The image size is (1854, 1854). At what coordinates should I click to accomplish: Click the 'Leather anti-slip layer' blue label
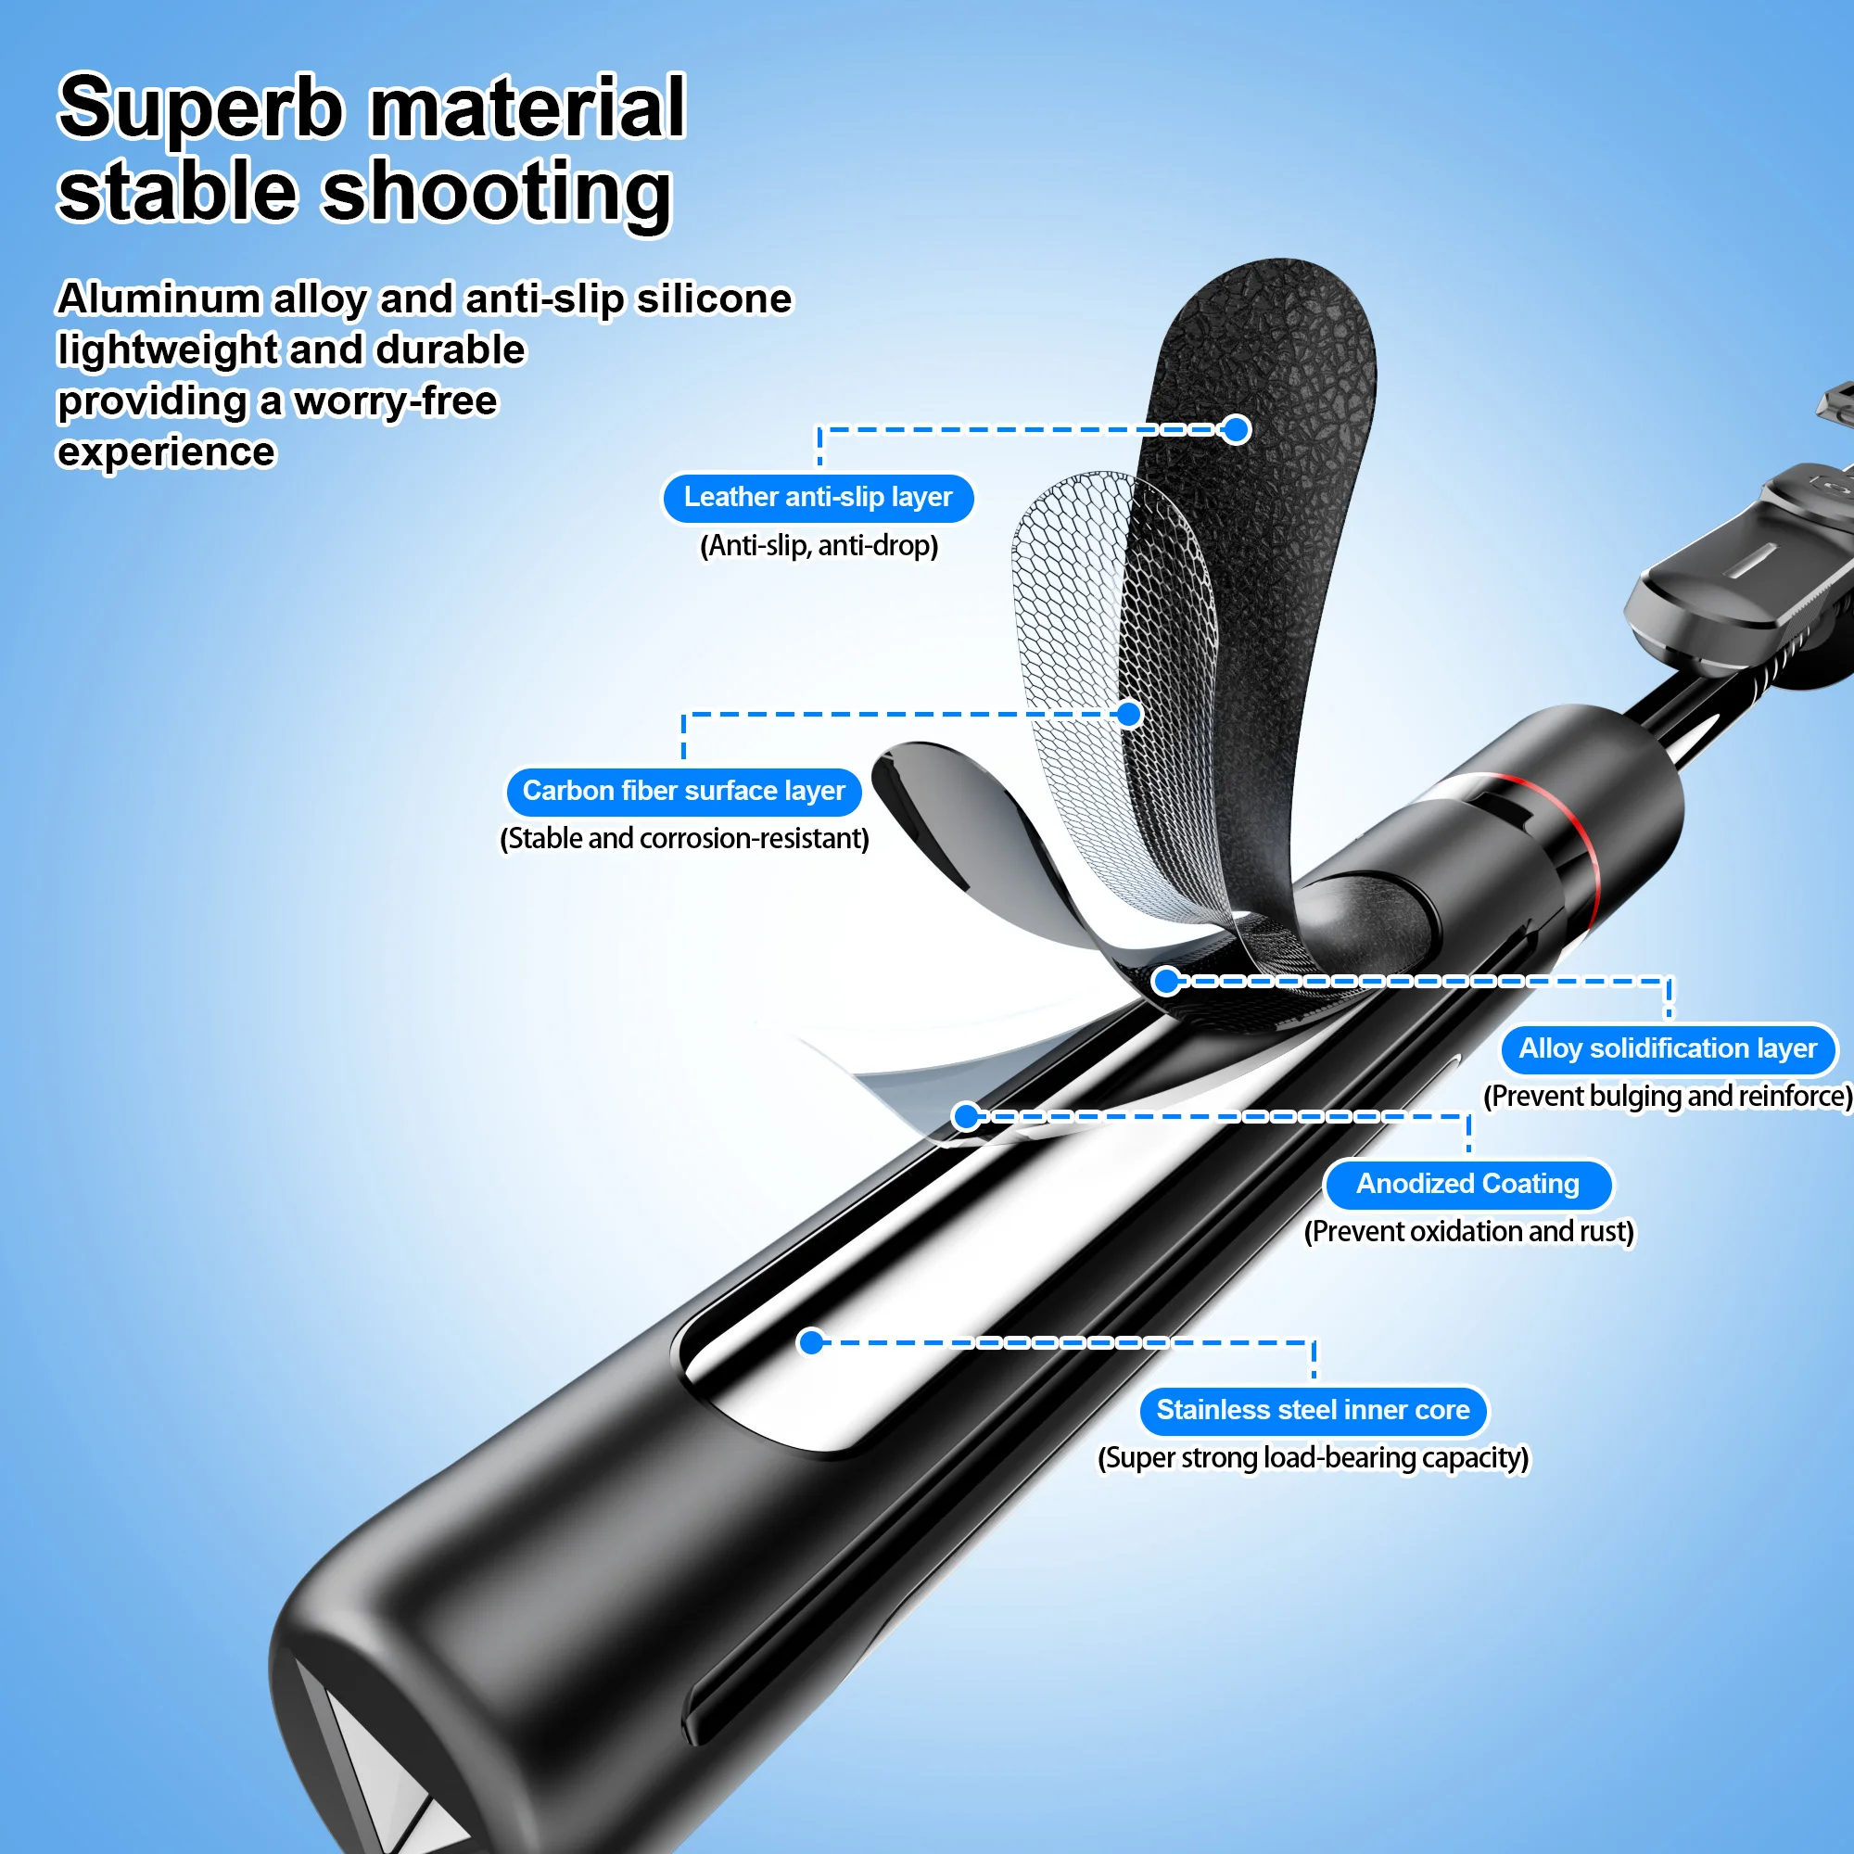point(818,498)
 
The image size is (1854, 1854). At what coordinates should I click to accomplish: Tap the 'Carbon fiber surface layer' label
point(683,792)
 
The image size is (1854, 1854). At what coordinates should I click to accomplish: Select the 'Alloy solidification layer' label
point(1668,1048)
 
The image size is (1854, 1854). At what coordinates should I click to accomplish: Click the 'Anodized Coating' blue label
point(1467,1184)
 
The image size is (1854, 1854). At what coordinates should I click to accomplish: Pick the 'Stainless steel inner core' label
point(1313,1411)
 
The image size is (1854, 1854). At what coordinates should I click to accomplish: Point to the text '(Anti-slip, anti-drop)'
point(819,546)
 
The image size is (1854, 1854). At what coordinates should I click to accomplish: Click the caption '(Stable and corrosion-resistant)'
point(684,839)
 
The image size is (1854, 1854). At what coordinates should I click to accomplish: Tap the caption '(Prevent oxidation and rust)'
point(1468,1231)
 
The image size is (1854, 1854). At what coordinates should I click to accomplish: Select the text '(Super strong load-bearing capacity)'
point(1313,1457)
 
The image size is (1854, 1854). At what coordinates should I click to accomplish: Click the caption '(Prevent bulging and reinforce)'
point(1668,1096)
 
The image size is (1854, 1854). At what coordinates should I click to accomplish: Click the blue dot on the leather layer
point(1237,430)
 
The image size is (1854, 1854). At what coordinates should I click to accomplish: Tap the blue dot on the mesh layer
point(1129,714)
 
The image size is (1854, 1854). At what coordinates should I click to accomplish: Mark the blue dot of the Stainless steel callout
point(812,1341)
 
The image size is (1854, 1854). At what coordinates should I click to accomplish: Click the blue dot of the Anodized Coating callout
point(966,1116)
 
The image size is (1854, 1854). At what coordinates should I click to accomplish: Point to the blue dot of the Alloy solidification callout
point(1166,981)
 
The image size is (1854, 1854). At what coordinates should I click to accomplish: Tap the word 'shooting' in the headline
point(496,192)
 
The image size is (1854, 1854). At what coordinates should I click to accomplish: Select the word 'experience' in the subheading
point(166,452)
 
